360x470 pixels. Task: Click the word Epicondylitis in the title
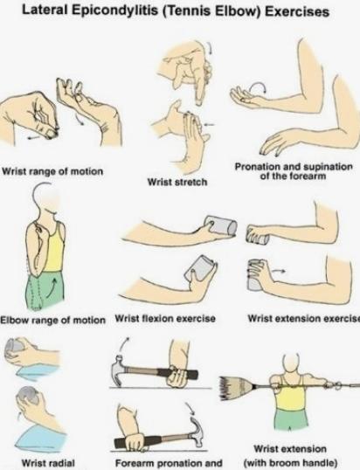(115, 10)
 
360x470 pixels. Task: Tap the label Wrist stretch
(177, 182)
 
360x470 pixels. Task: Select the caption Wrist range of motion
(52, 171)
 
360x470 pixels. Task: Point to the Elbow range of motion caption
(52, 320)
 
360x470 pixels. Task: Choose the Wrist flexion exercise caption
(165, 318)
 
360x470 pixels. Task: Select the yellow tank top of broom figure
(291, 397)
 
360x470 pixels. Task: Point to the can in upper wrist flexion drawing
(221, 225)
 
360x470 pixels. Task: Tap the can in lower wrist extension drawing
(255, 276)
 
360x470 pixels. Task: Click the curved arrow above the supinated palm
(258, 86)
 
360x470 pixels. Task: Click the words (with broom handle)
(291, 462)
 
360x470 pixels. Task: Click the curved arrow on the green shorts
(52, 287)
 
